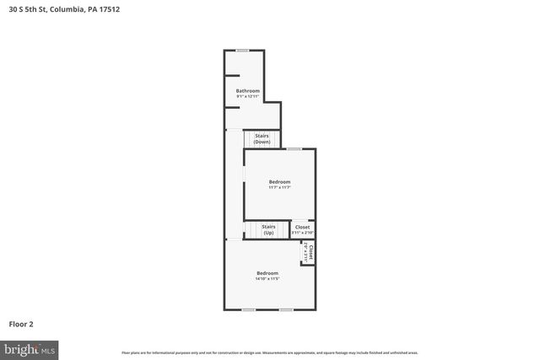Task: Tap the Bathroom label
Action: (247, 91)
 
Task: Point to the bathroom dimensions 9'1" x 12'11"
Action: (247, 97)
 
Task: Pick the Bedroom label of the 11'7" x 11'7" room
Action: (279, 182)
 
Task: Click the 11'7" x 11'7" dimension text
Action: (279, 188)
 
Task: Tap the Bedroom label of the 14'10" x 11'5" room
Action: (267, 273)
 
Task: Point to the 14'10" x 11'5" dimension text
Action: (267, 279)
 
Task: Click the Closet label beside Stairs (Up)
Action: (302, 227)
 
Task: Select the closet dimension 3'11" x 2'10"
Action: (302, 233)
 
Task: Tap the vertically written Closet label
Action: (310, 251)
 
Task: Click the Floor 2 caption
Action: (21, 324)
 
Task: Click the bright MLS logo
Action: (29, 348)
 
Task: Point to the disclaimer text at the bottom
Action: (270, 352)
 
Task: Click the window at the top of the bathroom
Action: (242, 51)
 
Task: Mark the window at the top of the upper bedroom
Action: (293, 149)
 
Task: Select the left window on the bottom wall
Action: (248, 309)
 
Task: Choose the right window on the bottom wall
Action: (286, 309)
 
